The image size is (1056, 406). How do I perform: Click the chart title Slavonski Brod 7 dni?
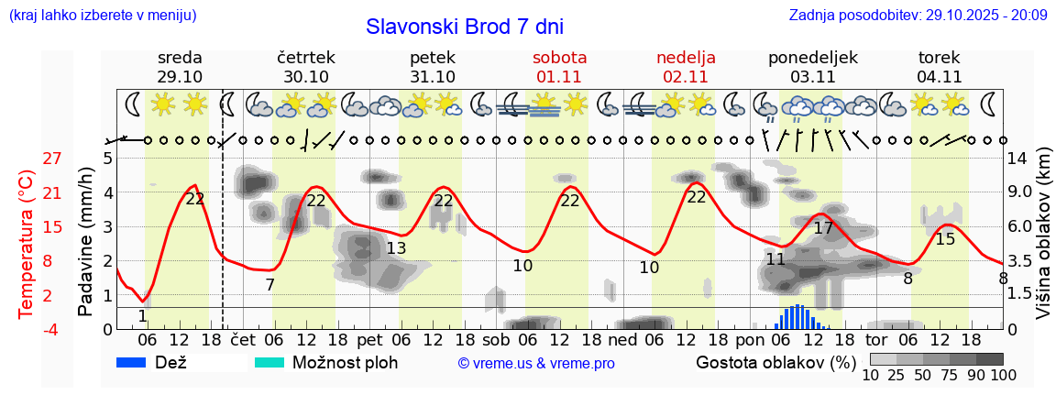(465, 27)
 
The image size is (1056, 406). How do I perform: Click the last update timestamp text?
(918, 16)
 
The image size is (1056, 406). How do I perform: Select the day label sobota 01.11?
(559, 67)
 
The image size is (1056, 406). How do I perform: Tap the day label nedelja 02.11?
(686, 67)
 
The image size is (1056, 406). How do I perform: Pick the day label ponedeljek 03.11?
(812, 67)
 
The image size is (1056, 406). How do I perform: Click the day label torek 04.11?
(939, 67)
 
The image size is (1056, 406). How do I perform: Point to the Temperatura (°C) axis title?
(27, 244)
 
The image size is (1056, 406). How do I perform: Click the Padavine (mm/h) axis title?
(85, 242)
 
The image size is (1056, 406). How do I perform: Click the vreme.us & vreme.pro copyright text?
(536, 364)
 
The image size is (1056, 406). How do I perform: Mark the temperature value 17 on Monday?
(823, 228)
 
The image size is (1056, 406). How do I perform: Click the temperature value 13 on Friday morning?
(396, 248)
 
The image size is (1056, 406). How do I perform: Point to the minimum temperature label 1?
(142, 316)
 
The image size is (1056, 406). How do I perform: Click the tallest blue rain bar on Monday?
(798, 316)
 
